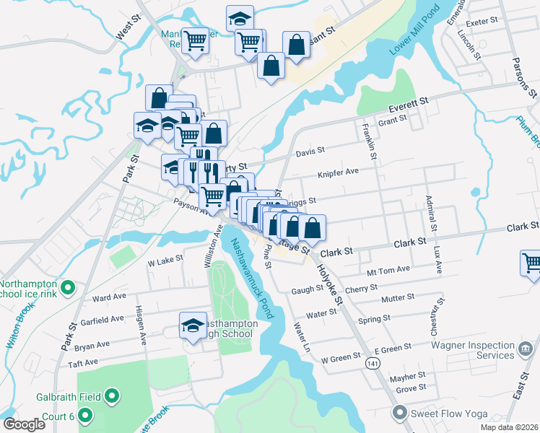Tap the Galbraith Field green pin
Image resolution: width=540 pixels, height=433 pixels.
pyautogui.click(x=112, y=395)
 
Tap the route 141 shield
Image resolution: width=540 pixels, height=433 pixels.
pyautogui.click(x=371, y=365)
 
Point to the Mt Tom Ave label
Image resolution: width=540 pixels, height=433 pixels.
pyautogui.click(x=388, y=269)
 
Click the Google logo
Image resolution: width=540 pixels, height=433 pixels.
pyautogui.click(x=25, y=424)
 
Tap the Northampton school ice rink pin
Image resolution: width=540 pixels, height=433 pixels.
pyautogui.click(x=68, y=289)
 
